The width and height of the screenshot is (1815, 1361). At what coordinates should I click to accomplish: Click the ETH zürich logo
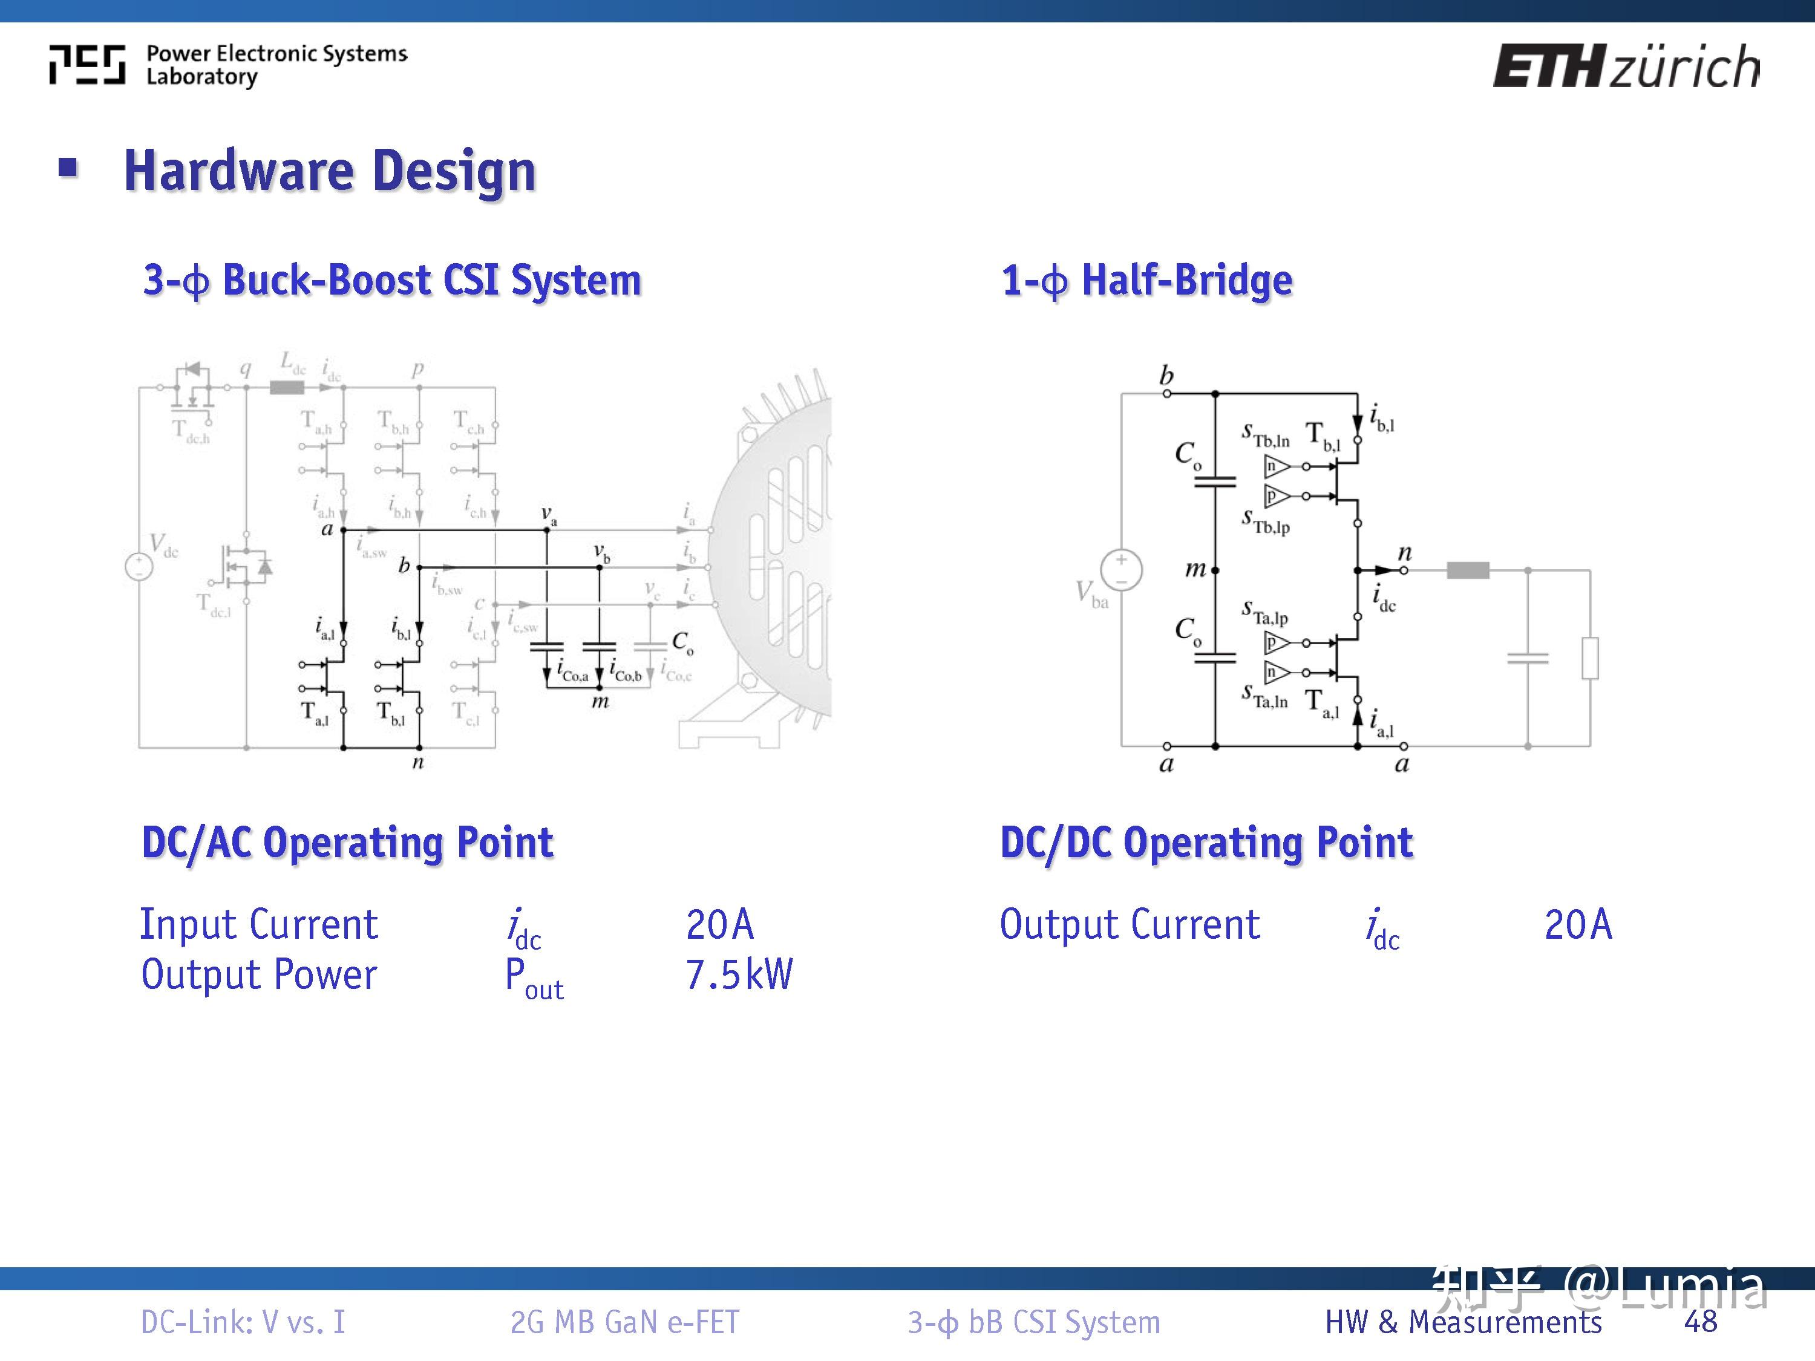(1624, 65)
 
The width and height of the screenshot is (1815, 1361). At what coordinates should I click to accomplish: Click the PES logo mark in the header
(87, 65)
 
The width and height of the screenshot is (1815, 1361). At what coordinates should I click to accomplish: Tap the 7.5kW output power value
(739, 974)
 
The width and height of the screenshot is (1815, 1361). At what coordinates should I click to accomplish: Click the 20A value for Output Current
(1578, 924)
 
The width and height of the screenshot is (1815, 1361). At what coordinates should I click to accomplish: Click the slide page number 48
(1700, 1322)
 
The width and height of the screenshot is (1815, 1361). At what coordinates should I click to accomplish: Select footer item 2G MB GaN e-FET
(624, 1322)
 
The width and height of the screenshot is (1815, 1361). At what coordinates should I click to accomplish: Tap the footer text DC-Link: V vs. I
(243, 1322)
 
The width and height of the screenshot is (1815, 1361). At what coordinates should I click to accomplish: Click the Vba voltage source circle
(1121, 569)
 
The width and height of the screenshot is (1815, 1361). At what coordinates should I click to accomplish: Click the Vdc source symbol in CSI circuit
(139, 566)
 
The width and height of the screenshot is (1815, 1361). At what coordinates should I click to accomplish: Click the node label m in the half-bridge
(1195, 569)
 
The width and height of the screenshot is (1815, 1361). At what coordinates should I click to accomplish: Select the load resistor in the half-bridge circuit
(1589, 658)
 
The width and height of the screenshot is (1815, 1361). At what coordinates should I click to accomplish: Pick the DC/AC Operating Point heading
(347, 843)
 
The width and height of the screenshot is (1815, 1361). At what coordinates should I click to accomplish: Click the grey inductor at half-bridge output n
(1467, 569)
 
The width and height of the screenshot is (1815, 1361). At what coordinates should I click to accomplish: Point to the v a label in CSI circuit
(549, 515)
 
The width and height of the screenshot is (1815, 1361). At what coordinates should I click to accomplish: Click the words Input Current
(258, 924)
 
